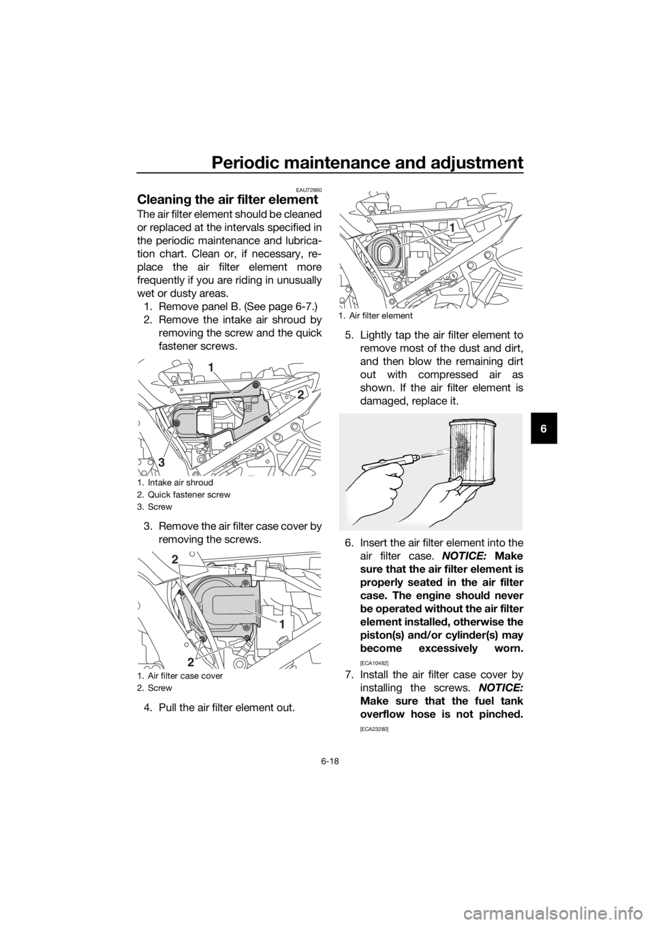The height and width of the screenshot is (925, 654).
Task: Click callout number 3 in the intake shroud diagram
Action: point(161,463)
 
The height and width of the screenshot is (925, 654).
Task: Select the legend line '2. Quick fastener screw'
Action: point(184,495)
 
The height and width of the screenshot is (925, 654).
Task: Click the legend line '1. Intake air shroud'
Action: point(175,482)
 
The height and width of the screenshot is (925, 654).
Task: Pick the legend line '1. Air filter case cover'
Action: point(180,676)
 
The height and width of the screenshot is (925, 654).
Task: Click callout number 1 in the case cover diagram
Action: point(281,625)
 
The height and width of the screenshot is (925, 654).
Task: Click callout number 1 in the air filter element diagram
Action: point(452,227)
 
